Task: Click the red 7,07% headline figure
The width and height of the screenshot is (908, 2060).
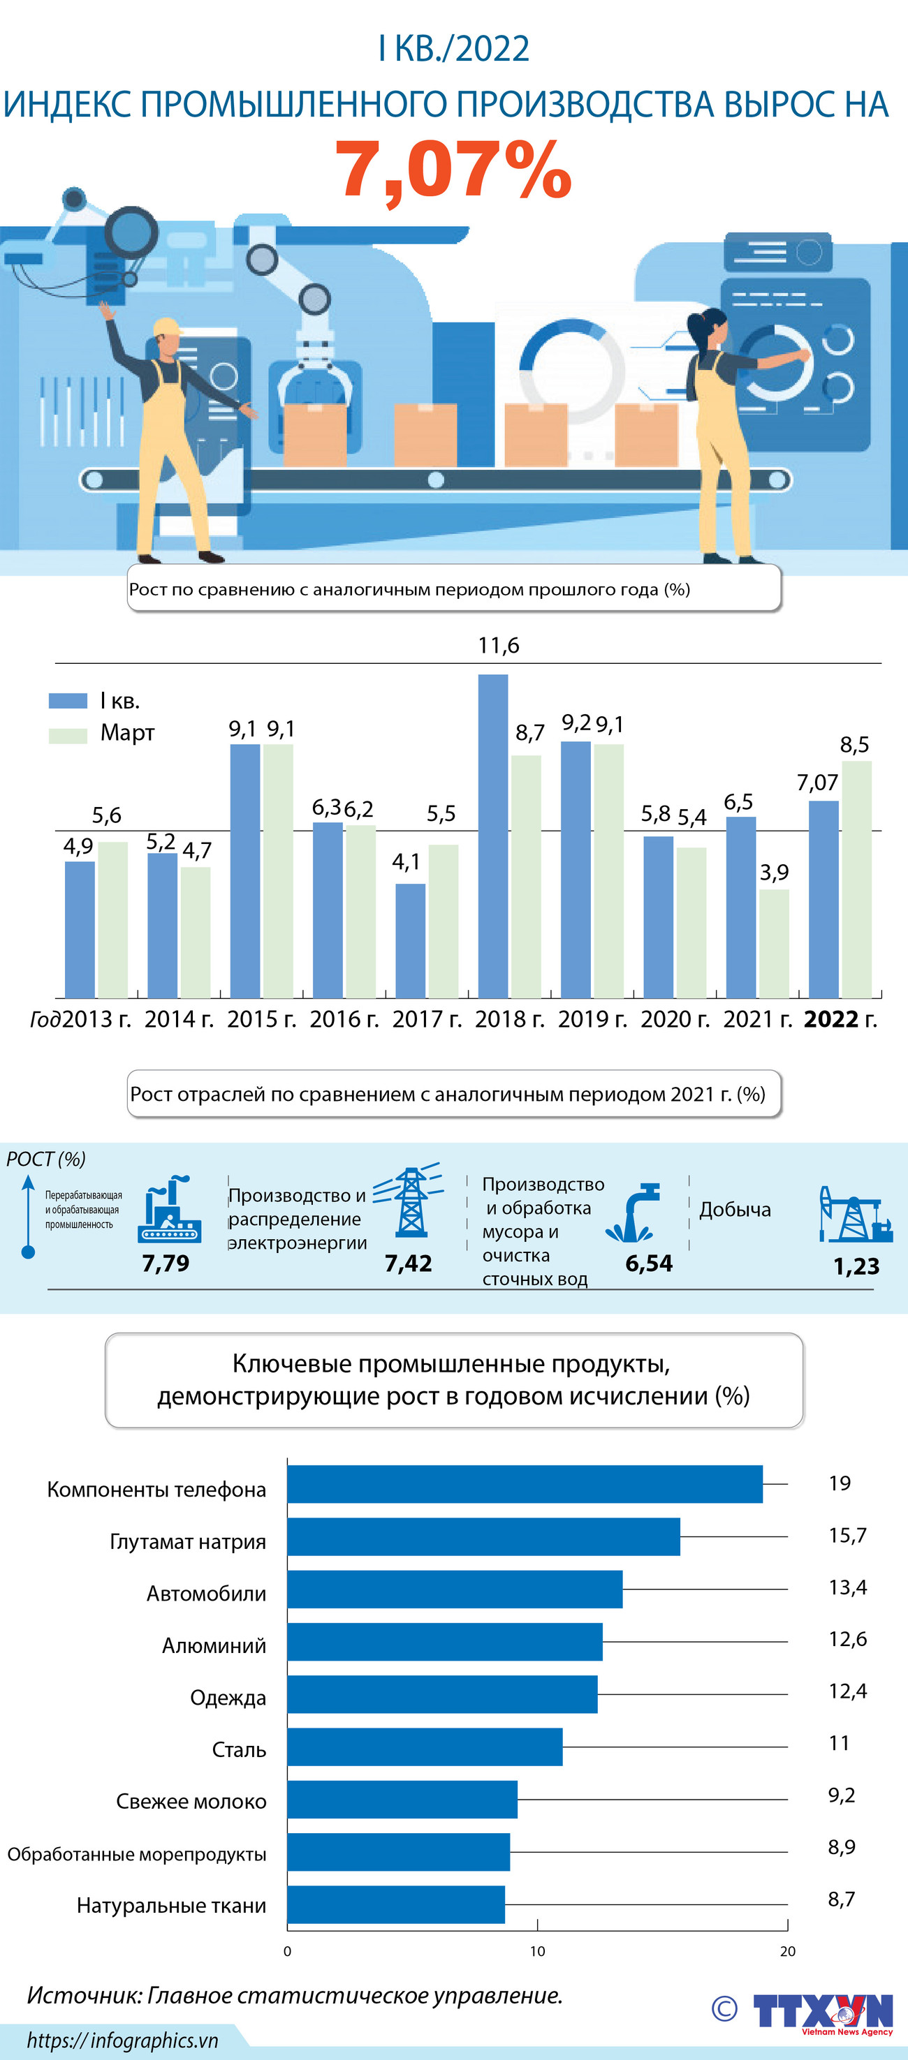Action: point(453,170)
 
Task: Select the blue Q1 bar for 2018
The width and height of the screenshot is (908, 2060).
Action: point(493,836)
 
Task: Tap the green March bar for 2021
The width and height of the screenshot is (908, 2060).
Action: point(774,943)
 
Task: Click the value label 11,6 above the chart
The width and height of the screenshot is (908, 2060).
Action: point(499,645)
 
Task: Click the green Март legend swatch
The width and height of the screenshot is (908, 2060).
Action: point(68,735)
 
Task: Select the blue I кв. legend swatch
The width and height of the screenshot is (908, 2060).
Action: point(68,701)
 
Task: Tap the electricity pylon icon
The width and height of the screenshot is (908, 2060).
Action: point(409,1201)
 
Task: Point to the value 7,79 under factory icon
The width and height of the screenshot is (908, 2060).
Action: point(166,1264)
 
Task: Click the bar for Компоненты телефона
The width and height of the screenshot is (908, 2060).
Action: point(524,1484)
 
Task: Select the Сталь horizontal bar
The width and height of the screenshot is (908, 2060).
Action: point(424,1747)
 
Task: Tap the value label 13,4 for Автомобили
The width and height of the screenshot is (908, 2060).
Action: point(847,1587)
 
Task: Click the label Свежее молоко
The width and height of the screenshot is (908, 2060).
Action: point(191,1802)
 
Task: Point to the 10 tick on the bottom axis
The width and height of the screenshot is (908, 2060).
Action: point(537,1951)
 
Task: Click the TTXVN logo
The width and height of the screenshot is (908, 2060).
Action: point(822,2012)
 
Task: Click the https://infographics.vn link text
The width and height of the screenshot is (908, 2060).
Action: point(122,2040)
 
